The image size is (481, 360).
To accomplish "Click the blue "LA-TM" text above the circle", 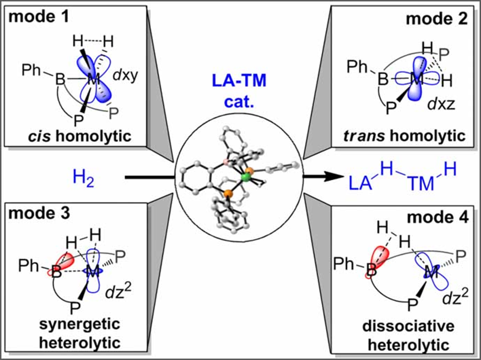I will [x=240, y=83].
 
